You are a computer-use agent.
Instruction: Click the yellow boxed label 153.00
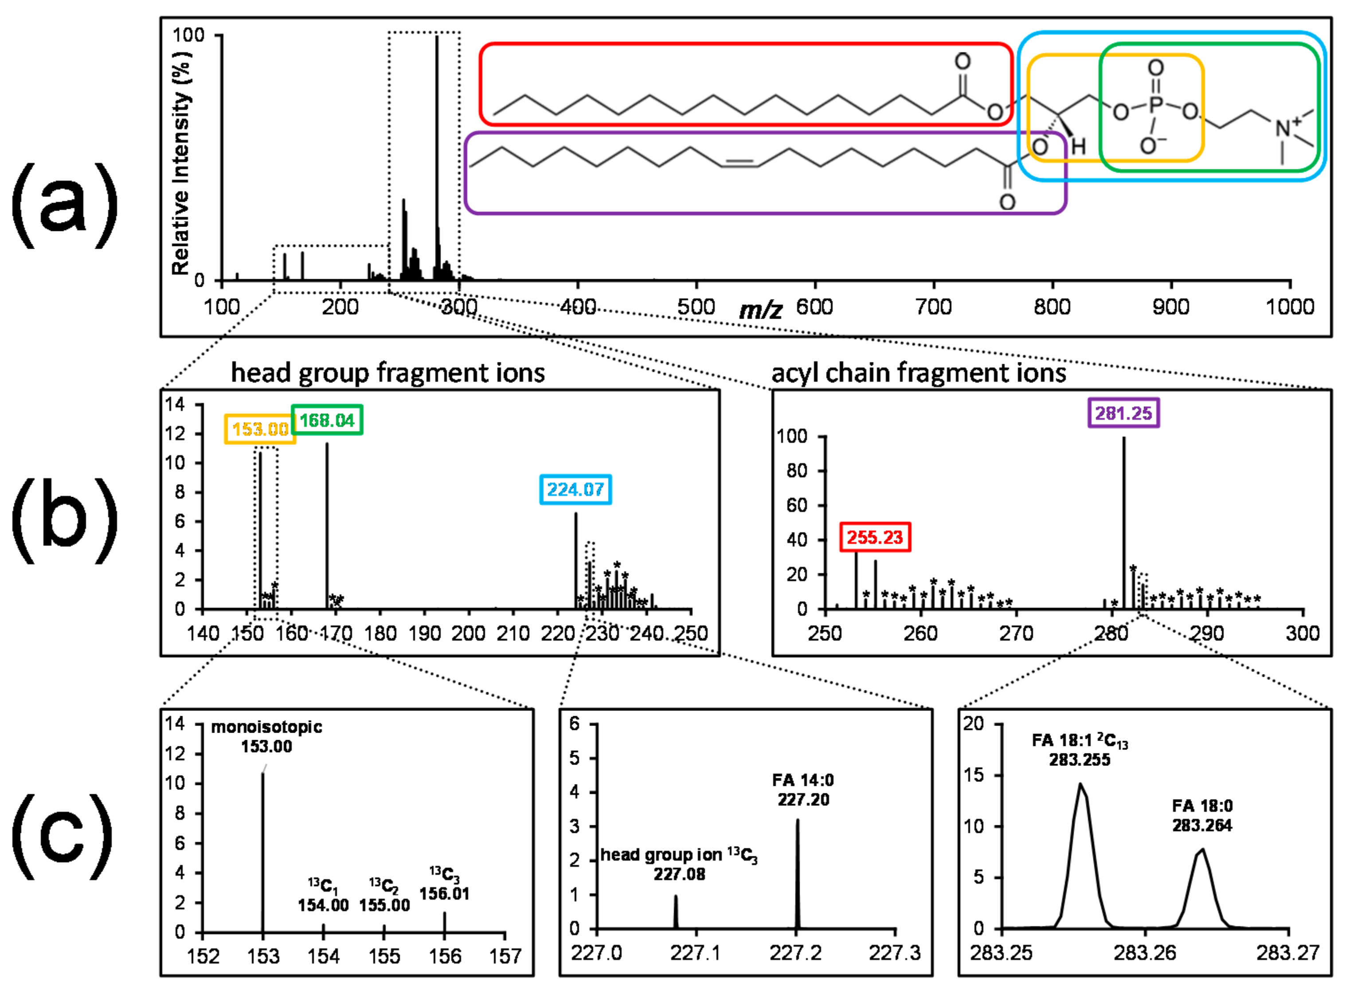click(x=260, y=429)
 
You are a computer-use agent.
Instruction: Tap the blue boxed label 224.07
click(x=575, y=489)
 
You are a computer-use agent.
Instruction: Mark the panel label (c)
click(x=63, y=837)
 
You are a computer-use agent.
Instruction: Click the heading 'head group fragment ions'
click(x=387, y=373)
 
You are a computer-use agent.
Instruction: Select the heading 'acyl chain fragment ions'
click(x=918, y=373)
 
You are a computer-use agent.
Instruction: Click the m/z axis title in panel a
click(x=760, y=309)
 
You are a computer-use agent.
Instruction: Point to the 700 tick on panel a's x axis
click(x=934, y=307)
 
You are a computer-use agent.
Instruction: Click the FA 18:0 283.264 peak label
click(x=1202, y=816)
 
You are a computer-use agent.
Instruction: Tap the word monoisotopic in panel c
click(x=266, y=727)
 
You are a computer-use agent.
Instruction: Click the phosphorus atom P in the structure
click(x=1156, y=105)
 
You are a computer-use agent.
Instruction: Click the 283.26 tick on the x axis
click(x=1145, y=952)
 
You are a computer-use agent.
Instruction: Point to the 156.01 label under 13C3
click(x=444, y=894)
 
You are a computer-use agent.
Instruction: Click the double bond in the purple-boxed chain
click(x=739, y=163)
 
